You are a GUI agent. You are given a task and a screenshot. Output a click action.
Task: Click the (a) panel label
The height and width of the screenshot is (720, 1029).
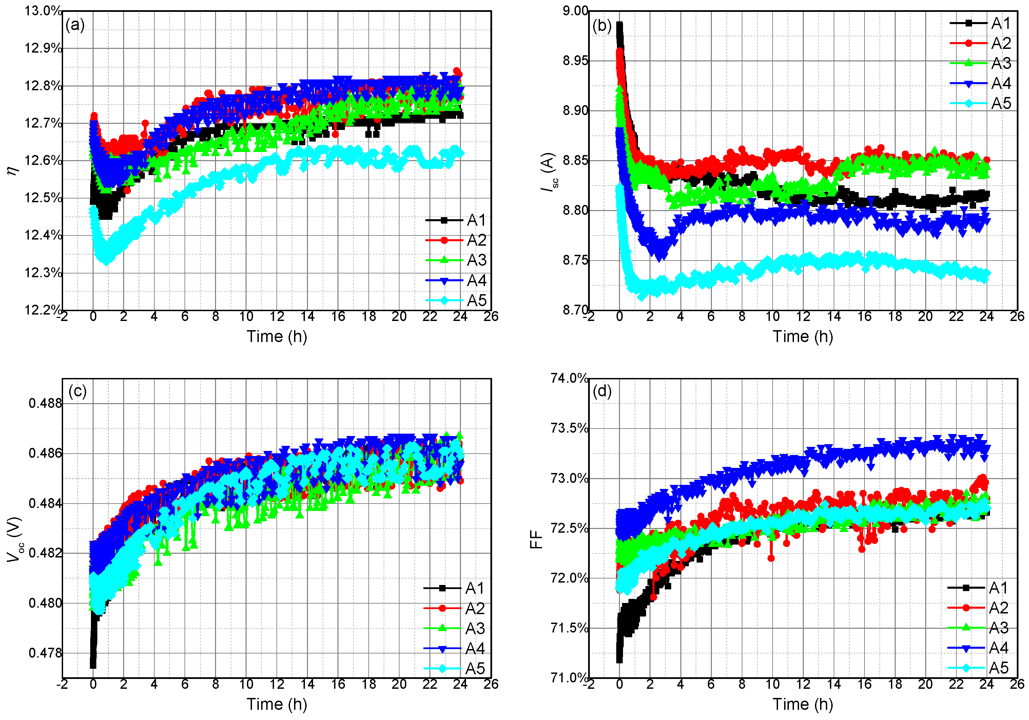tap(75, 25)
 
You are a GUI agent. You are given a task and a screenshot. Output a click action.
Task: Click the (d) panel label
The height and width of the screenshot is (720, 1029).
tap(602, 391)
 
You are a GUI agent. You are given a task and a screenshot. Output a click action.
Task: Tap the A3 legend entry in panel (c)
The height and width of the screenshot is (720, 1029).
tap(474, 628)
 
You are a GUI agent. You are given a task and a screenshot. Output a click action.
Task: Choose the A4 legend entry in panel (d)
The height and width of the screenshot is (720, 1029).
tap(998, 648)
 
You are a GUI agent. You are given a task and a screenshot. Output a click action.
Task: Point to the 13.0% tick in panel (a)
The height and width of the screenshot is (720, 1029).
tap(43, 11)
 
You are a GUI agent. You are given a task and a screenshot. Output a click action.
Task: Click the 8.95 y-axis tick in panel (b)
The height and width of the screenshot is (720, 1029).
tap(575, 60)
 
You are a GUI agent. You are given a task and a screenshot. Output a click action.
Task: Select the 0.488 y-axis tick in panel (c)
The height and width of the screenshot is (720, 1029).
tap(45, 403)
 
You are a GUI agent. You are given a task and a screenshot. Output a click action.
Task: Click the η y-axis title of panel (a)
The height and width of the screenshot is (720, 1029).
tap(13, 170)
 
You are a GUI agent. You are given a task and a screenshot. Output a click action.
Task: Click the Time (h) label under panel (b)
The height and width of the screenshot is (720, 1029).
tap(803, 336)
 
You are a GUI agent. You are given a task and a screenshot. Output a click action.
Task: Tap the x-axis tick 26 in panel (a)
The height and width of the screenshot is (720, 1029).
tap(491, 317)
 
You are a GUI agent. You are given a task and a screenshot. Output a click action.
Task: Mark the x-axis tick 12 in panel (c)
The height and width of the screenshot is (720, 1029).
tap(276, 684)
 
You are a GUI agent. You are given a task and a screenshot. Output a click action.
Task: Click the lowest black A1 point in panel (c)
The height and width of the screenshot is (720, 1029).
tap(93, 665)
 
